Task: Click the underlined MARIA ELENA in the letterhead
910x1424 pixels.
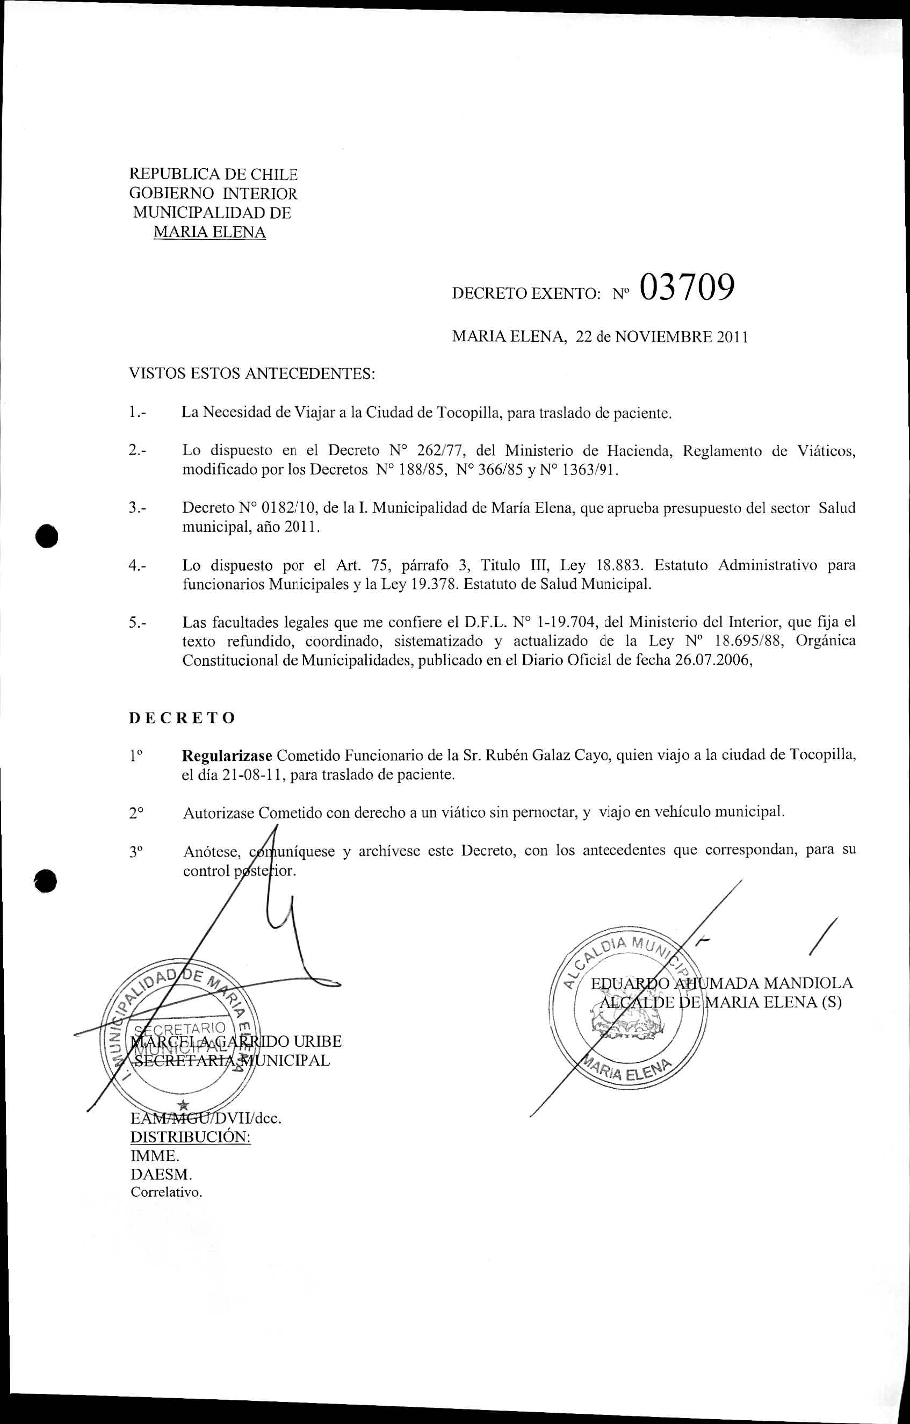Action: click(210, 232)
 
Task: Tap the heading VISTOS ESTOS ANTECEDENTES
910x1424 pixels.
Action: click(252, 374)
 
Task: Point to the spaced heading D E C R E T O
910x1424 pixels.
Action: click(182, 718)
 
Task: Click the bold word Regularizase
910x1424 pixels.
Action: click(227, 756)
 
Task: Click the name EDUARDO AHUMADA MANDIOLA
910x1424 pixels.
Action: click(722, 983)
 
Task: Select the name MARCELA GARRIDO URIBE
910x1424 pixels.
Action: click(236, 1041)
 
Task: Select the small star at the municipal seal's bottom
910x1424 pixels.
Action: click(184, 1104)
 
